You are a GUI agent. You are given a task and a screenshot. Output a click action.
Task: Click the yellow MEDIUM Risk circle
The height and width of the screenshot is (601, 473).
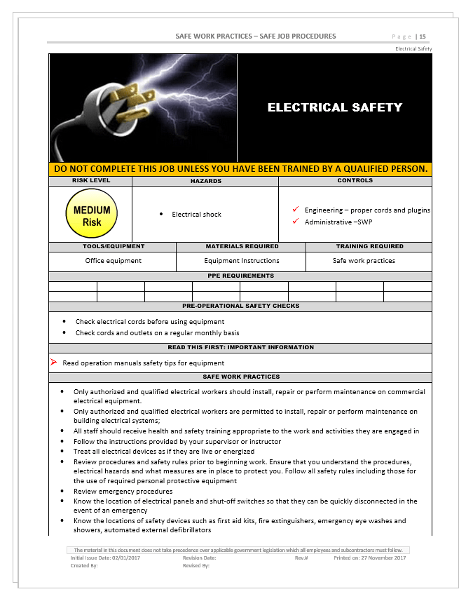(x=92, y=215)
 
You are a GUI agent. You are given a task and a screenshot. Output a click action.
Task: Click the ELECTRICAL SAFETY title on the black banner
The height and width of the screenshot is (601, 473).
(x=335, y=107)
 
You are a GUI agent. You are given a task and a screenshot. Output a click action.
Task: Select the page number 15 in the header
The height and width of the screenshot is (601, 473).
(x=423, y=36)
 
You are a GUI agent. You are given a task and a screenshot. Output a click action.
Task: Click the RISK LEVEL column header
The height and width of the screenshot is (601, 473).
(x=91, y=181)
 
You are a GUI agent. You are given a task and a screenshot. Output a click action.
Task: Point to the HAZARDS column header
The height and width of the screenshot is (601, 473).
(x=205, y=181)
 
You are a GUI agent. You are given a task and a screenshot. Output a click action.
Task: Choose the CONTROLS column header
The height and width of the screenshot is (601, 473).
(x=355, y=181)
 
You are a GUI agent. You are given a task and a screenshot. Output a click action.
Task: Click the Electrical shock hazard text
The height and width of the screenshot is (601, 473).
(x=196, y=215)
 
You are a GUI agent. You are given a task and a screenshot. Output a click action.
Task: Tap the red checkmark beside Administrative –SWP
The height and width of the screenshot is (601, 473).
(x=296, y=222)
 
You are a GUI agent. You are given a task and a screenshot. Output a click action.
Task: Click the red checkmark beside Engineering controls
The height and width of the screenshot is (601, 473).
(x=296, y=210)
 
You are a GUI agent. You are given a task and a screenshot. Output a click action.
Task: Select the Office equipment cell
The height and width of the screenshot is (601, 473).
(x=113, y=261)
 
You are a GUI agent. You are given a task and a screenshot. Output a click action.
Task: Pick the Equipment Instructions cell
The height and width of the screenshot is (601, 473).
(x=242, y=261)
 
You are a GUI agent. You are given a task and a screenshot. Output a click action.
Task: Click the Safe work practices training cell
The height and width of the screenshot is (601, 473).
(x=364, y=261)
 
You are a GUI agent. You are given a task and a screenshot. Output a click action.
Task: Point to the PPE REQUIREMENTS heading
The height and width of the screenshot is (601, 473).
(x=240, y=276)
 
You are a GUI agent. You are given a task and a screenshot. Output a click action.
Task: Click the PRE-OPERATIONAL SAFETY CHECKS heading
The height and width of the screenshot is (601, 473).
(x=240, y=306)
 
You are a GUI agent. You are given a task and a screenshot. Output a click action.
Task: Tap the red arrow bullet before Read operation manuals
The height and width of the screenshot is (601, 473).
(x=53, y=363)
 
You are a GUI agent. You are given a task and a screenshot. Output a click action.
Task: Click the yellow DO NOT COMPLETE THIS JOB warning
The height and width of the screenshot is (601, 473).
(x=240, y=169)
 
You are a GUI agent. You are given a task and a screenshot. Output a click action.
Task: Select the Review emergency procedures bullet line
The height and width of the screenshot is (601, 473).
(x=123, y=492)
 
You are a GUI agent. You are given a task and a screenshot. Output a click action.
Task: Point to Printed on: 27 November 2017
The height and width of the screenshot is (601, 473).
(x=369, y=558)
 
